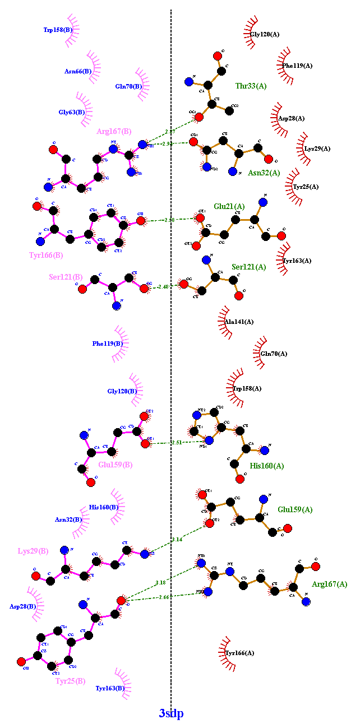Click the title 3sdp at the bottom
tap(171, 713)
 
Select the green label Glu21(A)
tap(229, 206)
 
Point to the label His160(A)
tap(267, 466)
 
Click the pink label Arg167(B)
tap(114, 132)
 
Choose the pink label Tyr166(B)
tap(46, 256)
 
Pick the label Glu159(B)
tap(116, 465)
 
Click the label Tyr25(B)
tap(70, 681)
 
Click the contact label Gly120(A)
tap(265, 35)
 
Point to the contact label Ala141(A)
tap(239, 322)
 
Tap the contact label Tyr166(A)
tap(239, 653)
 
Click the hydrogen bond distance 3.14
tap(177, 540)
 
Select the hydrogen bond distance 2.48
tap(163, 287)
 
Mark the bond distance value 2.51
tap(177, 443)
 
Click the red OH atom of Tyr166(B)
tap(141, 221)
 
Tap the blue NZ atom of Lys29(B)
tap(144, 554)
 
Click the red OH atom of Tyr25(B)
tap(21, 661)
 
